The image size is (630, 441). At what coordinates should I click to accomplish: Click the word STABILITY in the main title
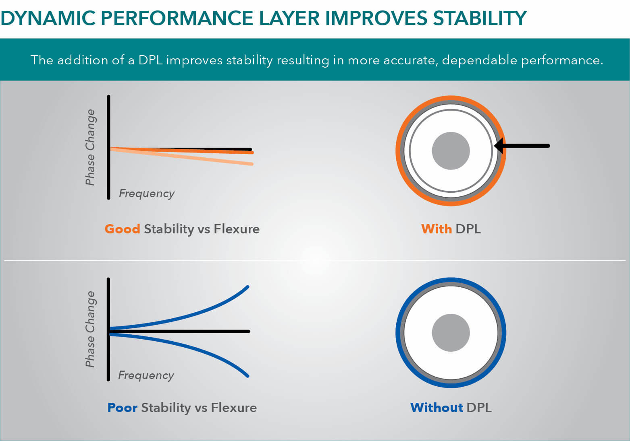pyautogui.click(x=480, y=18)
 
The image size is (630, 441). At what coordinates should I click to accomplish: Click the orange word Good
pyautogui.click(x=122, y=229)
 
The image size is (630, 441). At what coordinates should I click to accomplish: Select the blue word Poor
pyautogui.click(x=123, y=408)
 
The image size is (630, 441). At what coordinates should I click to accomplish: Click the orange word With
pyautogui.click(x=436, y=229)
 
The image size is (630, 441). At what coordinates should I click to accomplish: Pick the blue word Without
pyautogui.click(x=437, y=408)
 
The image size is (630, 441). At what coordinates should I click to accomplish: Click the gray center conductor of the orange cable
pyautogui.click(x=451, y=151)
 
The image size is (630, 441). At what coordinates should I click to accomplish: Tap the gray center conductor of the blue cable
pyautogui.click(x=451, y=333)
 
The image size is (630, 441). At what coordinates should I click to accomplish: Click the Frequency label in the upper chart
pyautogui.click(x=147, y=194)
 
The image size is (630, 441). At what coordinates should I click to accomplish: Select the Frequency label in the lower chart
pyautogui.click(x=146, y=375)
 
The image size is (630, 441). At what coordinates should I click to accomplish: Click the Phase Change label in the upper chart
pyautogui.click(x=90, y=147)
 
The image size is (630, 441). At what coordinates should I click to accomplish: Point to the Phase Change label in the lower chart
pyautogui.click(x=90, y=329)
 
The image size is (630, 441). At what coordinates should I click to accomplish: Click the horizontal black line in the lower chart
pyautogui.click(x=181, y=332)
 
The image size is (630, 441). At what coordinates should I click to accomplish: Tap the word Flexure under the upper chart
pyautogui.click(x=237, y=229)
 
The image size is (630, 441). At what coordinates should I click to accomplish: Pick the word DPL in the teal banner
pyautogui.click(x=150, y=60)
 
